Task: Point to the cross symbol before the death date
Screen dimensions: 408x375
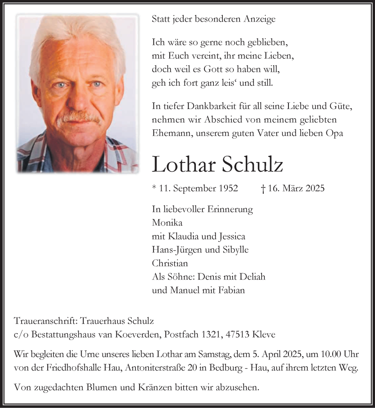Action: tap(263, 188)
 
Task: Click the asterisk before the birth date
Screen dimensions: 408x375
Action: tap(154, 188)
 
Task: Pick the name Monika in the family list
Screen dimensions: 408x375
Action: tap(167, 223)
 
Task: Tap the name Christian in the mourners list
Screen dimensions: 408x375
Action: tap(170, 263)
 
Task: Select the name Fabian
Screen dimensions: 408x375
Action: tap(232, 290)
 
